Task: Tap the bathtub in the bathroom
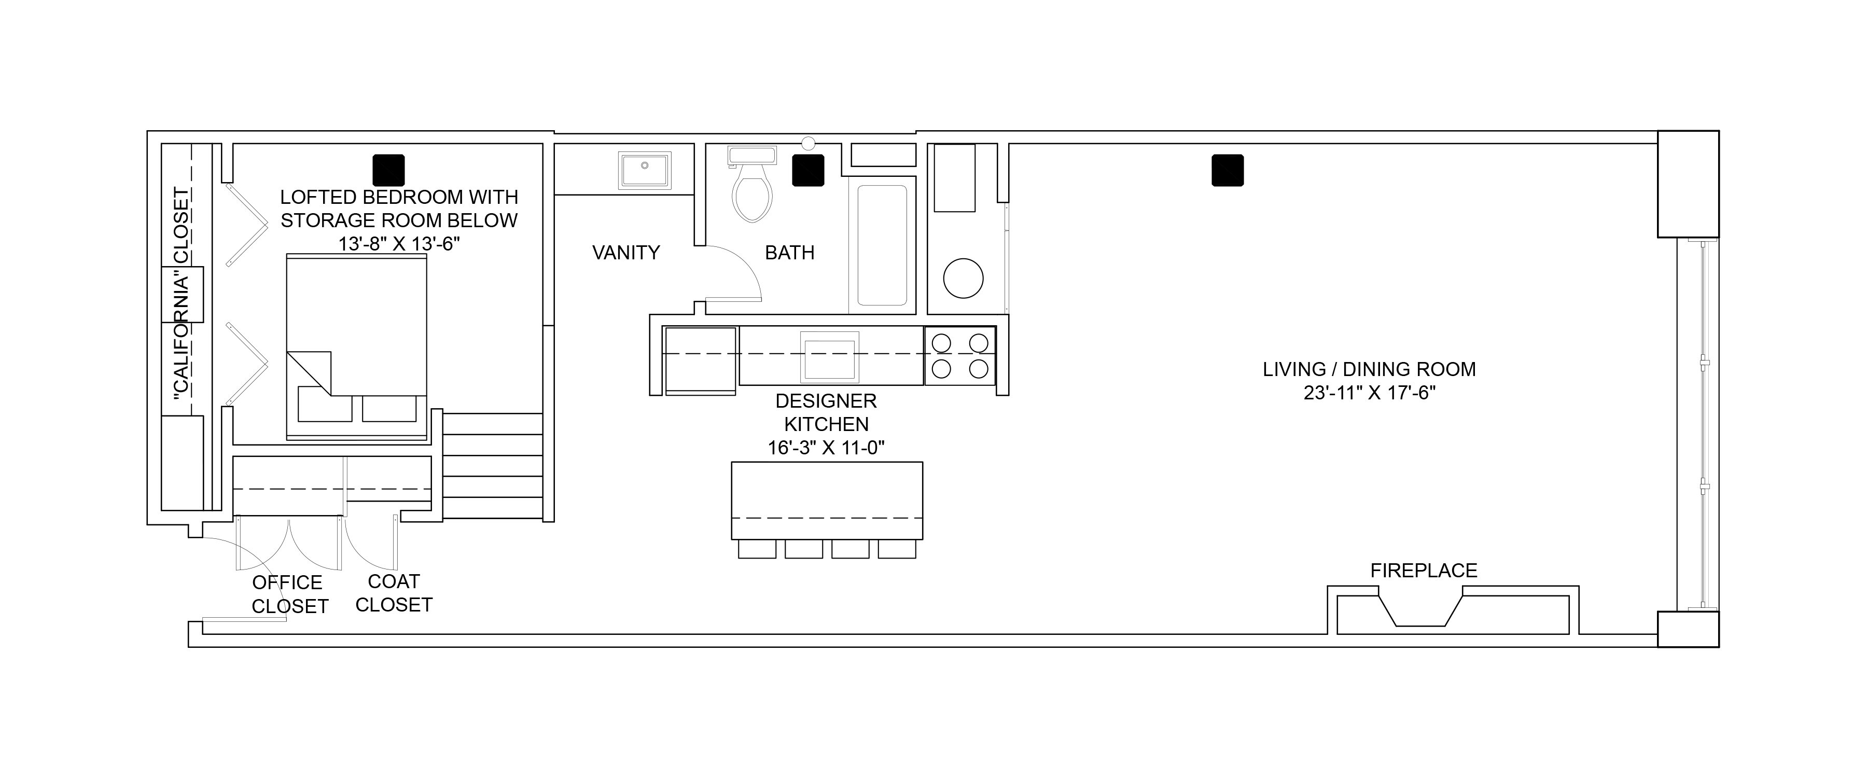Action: (882, 245)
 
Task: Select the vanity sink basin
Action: (644, 171)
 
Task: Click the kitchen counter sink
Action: (829, 357)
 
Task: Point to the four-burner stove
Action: (959, 355)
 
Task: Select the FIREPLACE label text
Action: (1424, 571)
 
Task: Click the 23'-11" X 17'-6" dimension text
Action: (1370, 393)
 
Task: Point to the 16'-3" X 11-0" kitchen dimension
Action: (826, 448)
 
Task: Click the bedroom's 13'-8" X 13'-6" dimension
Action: (399, 244)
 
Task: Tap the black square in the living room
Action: (1228, 171)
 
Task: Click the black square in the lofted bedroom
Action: (388, 171)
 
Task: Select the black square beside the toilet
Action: (808, 171)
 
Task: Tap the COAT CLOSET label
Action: (394, 593)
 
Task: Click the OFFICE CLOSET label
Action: (289, 594)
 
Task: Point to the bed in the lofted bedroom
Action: (357, 348)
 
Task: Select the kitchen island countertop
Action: (827, 501)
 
